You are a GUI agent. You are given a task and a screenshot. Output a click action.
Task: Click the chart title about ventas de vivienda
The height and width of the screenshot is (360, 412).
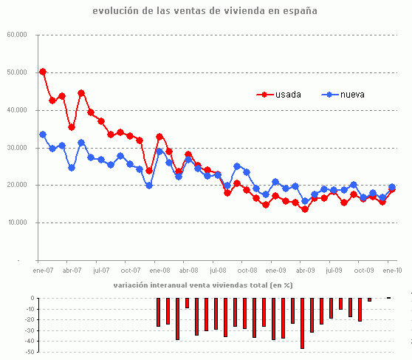point(205,11)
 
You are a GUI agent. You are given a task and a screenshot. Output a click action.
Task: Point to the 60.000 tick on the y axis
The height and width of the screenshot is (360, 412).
point(17,35)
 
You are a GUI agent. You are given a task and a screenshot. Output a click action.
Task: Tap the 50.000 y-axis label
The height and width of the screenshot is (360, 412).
point(17,72)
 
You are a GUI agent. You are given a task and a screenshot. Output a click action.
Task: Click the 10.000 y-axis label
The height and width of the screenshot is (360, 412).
point(17,223)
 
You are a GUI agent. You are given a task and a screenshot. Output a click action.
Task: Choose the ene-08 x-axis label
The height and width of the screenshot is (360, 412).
point(158,271)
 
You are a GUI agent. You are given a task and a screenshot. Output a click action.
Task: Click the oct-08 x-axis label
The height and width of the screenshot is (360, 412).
point(247,271)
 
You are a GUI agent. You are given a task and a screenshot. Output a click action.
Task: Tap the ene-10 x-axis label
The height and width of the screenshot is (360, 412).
point(392,271)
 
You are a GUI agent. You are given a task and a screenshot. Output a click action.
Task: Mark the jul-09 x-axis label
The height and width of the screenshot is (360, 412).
point(334,271)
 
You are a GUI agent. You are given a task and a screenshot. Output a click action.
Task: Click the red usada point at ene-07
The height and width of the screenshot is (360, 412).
point(43,72)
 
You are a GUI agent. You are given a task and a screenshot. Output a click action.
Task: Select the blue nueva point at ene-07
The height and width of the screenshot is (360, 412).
point(43,135)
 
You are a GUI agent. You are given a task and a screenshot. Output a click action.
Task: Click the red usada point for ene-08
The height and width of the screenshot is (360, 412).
point(159,137)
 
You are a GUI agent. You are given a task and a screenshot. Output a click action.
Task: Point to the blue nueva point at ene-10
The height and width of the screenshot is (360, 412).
point(392,187)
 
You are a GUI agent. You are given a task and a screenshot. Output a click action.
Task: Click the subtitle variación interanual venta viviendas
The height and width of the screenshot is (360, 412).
point(203,285)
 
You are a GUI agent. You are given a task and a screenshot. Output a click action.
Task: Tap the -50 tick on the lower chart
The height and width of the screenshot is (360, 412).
point(32,353)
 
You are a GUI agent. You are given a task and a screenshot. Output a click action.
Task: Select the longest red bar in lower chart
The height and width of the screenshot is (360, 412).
point(303,323)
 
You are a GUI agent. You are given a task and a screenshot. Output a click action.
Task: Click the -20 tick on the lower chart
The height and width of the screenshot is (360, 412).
point(32,320)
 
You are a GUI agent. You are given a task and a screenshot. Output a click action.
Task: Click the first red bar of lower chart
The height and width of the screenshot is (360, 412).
point(158,312)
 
